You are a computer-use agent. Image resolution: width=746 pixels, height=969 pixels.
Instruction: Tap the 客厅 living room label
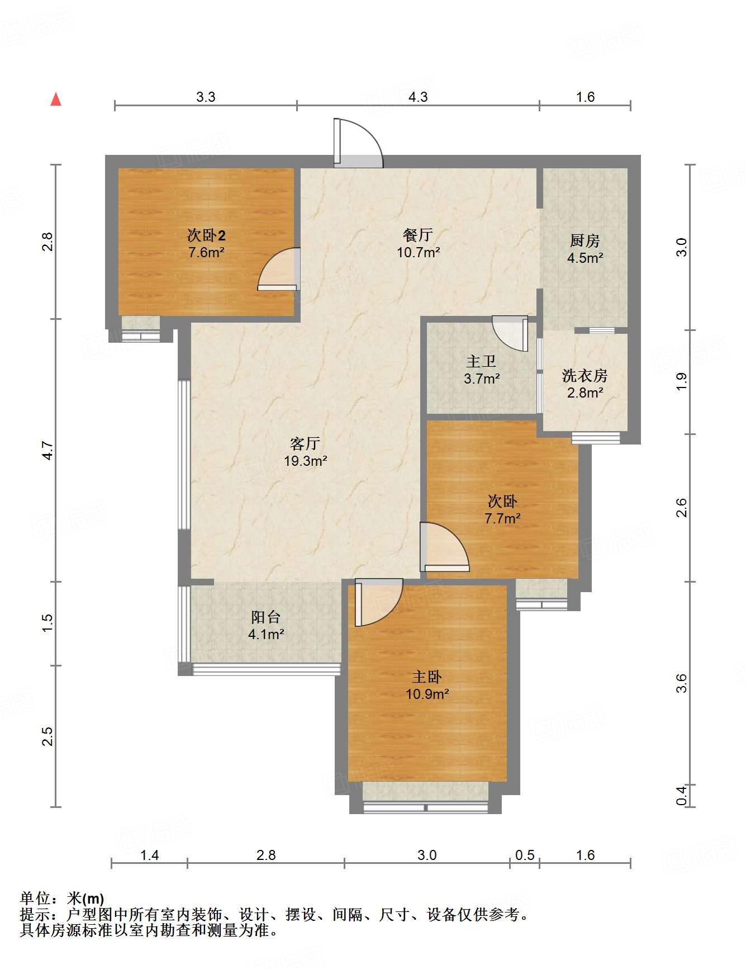[x=305, y=443]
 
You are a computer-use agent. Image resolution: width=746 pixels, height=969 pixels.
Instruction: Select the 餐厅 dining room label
[x=418, y=235]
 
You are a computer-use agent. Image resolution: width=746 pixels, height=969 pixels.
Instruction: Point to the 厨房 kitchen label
[x=585, y=241]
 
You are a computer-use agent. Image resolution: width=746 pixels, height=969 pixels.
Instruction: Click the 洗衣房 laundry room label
[x=585, y=375]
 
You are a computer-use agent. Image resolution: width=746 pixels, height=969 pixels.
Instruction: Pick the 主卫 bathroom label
[x=481, y=362]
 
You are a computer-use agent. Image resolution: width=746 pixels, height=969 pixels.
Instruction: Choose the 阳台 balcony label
[x=265, y=617]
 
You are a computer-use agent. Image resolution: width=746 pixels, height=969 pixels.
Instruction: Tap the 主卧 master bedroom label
[x=427, y=677]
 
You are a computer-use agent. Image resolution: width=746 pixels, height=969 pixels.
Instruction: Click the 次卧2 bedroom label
[x=206, y=235]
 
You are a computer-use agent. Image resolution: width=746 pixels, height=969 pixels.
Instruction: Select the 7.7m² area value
[x=502, y=518]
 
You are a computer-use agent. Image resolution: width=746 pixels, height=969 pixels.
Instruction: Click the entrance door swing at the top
[x=358, y=143]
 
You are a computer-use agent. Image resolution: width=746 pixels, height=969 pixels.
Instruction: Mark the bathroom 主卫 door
[x=510, y=333]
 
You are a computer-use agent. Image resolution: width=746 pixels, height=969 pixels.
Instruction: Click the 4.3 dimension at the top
[x=418, y=97]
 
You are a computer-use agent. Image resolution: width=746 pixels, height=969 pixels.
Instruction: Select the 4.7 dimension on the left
[x=48, y=451]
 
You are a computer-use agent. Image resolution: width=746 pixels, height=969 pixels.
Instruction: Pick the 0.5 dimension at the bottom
[x=525, y=855]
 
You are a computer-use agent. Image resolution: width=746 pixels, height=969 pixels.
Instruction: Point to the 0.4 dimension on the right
[x=681, y=795]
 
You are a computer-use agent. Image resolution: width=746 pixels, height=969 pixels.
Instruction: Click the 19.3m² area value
[x=305, y=461]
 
